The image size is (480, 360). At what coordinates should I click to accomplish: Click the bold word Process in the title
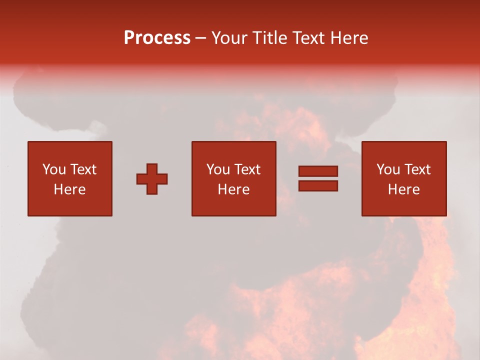coord(157,38)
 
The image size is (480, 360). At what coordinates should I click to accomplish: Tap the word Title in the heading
coord(269,38)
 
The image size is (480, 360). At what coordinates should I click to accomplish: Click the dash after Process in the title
coord(201,38)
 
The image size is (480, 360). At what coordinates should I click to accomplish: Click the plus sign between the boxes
coord(152,178)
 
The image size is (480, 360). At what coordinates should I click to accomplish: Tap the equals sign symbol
coord(318,178)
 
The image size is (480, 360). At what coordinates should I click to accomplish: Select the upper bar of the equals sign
coord(318,171)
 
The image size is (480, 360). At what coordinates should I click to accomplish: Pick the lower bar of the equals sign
coord(318,185)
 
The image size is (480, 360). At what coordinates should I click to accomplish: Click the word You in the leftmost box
coord(54,169)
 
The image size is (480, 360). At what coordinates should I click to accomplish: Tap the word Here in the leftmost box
coord(70,189)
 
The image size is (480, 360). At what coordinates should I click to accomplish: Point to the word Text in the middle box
coord(247,169)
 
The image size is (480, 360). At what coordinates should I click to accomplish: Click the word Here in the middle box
coord(233,189)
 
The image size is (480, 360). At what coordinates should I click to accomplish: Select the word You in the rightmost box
coord(388,169)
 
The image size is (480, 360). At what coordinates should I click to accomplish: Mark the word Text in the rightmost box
coord(417,169)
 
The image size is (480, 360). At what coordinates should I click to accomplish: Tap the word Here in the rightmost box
coord(403,189)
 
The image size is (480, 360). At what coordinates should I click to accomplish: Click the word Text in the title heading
coord(308,38)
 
